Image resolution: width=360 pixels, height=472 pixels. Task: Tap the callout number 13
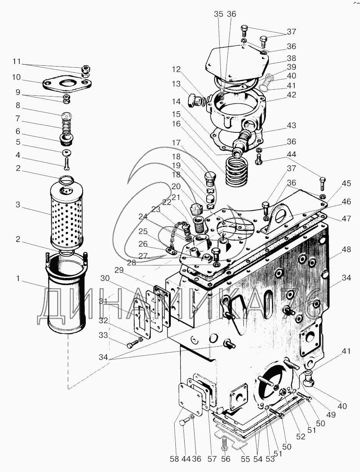pos(176,84)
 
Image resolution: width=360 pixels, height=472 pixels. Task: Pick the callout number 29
pos(118,270)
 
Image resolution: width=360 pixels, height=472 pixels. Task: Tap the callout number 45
pos(347,183)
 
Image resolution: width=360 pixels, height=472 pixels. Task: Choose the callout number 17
pos(176,143)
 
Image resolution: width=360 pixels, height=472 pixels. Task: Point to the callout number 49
pos(331,415)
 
